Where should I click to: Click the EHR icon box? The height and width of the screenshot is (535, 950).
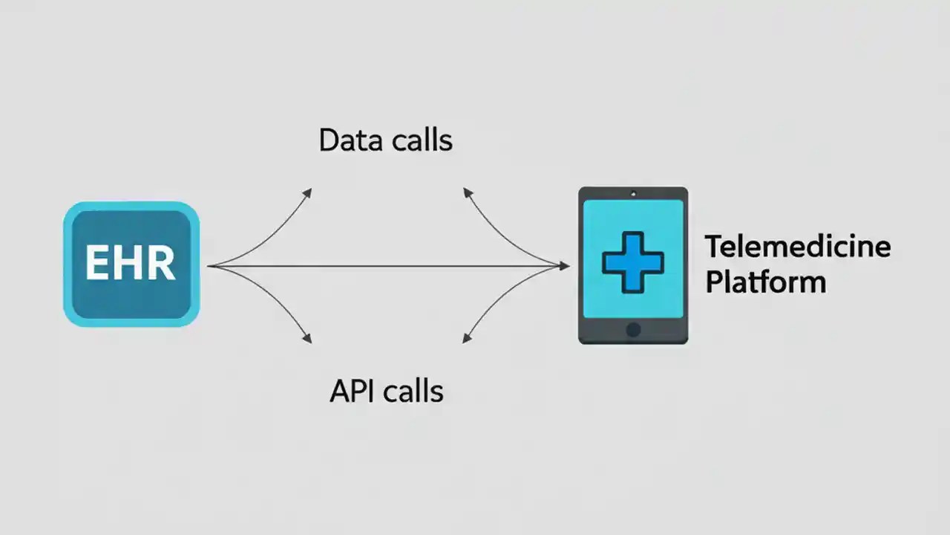point(131,264)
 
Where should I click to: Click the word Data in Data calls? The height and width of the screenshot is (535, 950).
point(347,140)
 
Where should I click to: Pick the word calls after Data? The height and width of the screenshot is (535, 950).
point(419,140)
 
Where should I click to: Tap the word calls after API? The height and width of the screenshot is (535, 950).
point(416,391)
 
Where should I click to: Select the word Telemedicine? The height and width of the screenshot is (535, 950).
point(798,246)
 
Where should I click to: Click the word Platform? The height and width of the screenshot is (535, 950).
point(765,282)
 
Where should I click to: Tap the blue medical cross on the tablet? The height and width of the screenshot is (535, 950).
point(632,262)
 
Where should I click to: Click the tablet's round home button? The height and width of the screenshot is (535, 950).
point(633,329)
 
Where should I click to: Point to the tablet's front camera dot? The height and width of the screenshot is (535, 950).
point(633,194)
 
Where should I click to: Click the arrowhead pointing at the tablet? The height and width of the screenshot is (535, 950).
point(564,265)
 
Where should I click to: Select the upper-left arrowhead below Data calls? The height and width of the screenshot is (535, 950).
point(308,192)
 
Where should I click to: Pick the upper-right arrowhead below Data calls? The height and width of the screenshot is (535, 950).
point(468,192)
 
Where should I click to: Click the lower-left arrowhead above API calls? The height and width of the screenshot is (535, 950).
point(307,339)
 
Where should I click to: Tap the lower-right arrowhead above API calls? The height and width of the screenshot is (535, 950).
point(468,339)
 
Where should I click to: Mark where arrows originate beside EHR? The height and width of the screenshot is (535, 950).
point(210,265)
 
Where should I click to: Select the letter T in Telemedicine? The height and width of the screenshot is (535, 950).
point(713,246)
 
